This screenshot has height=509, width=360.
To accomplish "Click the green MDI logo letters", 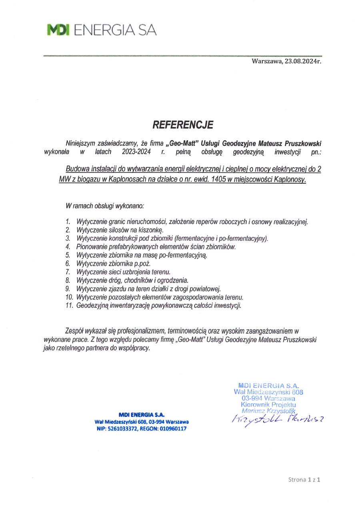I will (x=59, y=30).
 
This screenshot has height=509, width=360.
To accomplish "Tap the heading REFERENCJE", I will (x=183, y=125).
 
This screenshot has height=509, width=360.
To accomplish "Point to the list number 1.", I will (x=68, y=221).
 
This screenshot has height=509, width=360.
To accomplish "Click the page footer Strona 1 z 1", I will (x=304, y=479).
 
